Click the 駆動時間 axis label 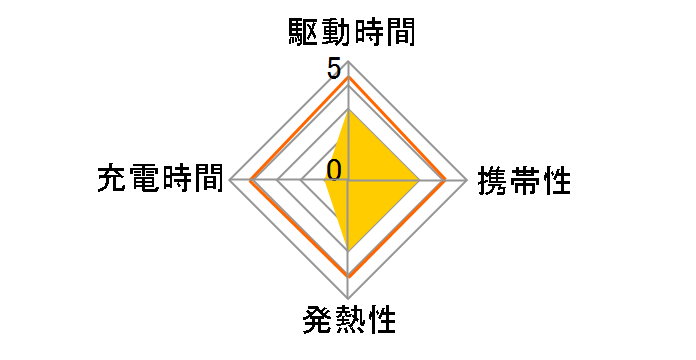tap(347, 34)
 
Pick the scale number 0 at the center tap(334, 169)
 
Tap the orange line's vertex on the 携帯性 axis tap(445, 181)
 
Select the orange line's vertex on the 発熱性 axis tap(348, 275)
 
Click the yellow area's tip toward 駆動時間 tap(348, 111)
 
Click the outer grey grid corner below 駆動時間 tap(348, 62)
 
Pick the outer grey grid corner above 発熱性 tap(348, 298)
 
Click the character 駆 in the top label tap(298, 34)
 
